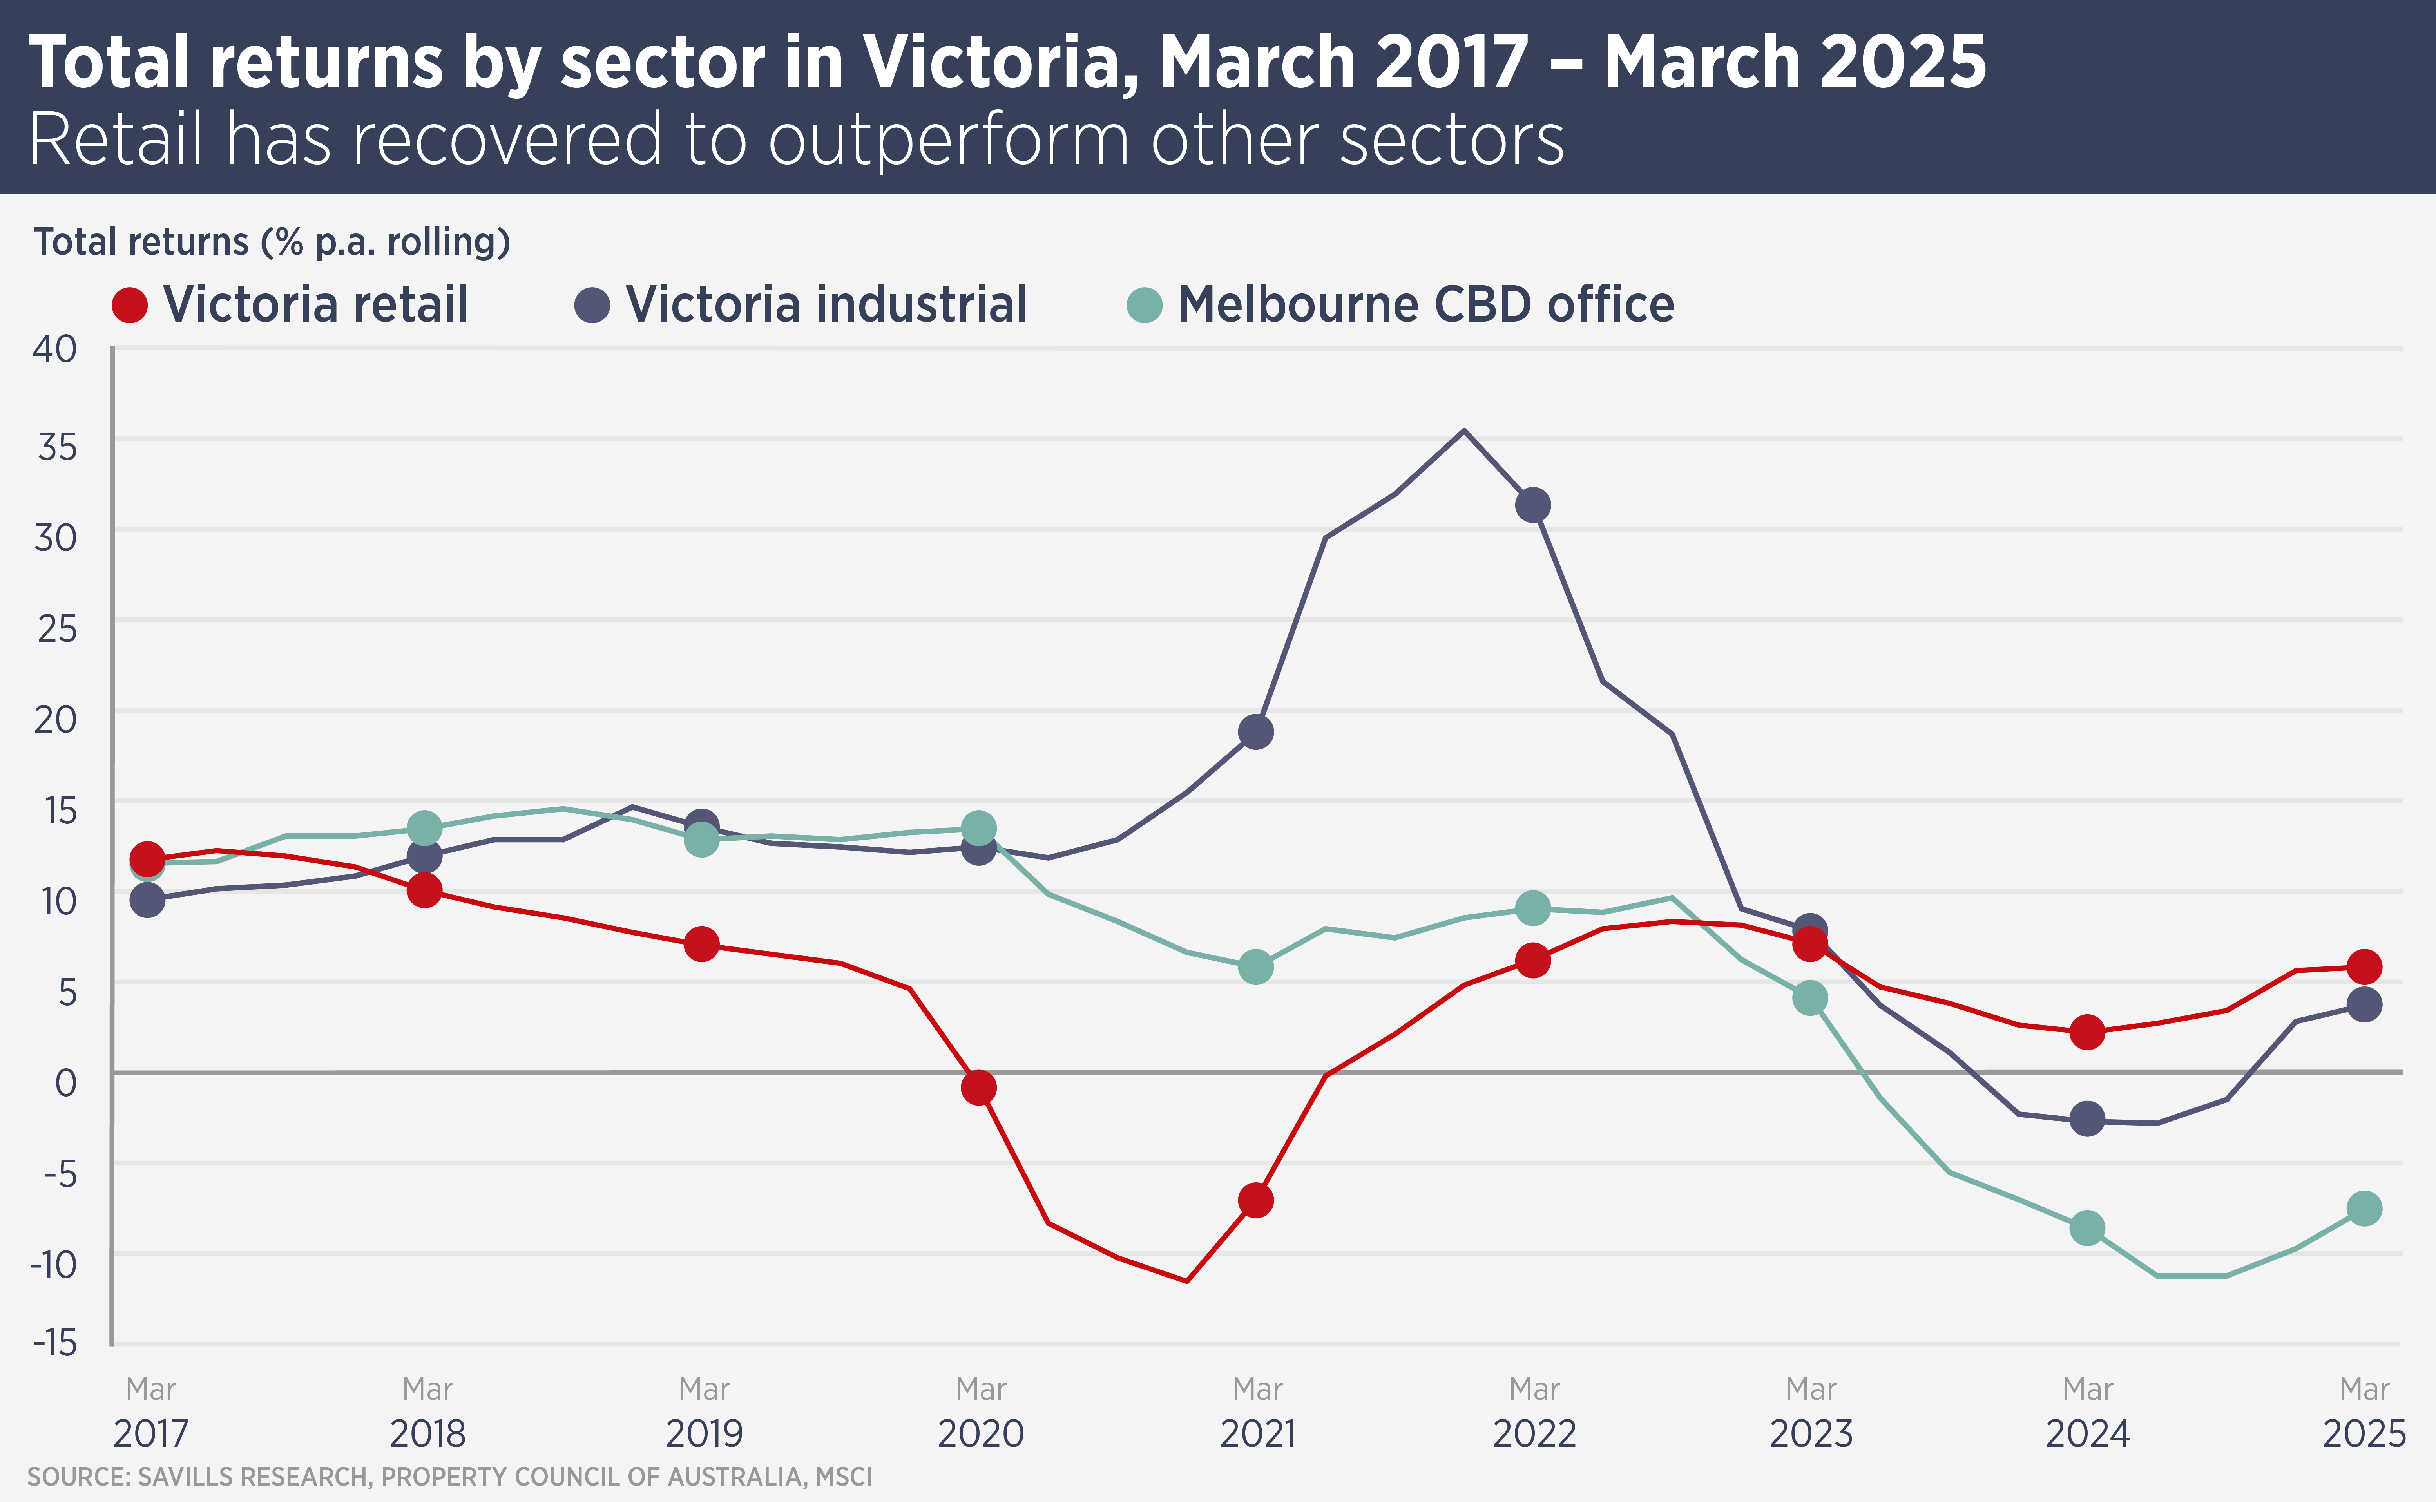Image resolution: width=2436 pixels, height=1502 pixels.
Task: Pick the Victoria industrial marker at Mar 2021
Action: pyautogui.click(x=1256, y=732)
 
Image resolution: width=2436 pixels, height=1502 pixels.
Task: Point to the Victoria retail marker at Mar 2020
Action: pyautogui.click(x=978, y=1088)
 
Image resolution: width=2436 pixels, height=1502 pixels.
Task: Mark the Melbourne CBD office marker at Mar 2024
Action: pyautogui.click(x=2087, y=1228)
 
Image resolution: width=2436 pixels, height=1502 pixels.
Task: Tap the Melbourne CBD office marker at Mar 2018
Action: pyautogui.click(x=424, y=827)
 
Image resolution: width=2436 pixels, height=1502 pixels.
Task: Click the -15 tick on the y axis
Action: pyautogui.click(x=56, y=1343)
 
